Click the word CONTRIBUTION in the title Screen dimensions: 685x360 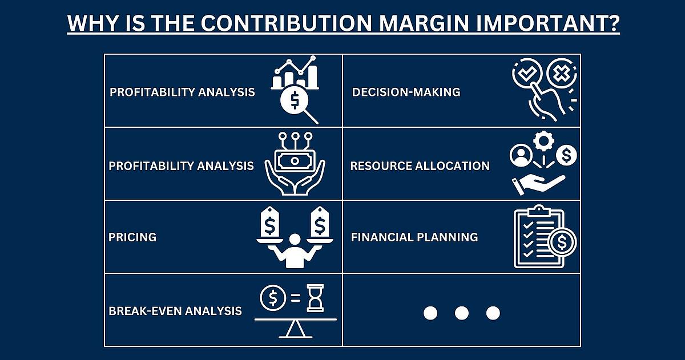click(x=287, y=23)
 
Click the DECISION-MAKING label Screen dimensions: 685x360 click(x=406, y=92)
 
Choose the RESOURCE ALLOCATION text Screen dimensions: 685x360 click(x=420, y=166)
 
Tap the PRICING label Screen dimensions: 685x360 click(x=132, y=237)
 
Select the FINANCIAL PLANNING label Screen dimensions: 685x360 click(x=414, y=237)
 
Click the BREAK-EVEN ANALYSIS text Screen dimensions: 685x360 click(x=175, y=311)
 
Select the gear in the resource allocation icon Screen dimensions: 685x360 click(x=543, y=141)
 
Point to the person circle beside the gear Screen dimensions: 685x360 click(x=521, y=155)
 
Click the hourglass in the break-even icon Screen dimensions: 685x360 click(x=315, y=298)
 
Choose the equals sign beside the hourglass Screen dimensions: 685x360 click(x=296, y=297)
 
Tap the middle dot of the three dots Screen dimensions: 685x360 click(x=462, y=313)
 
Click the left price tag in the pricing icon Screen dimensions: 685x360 click(x=269, y=222)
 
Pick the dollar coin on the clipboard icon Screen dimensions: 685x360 click(x=562, y=242)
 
